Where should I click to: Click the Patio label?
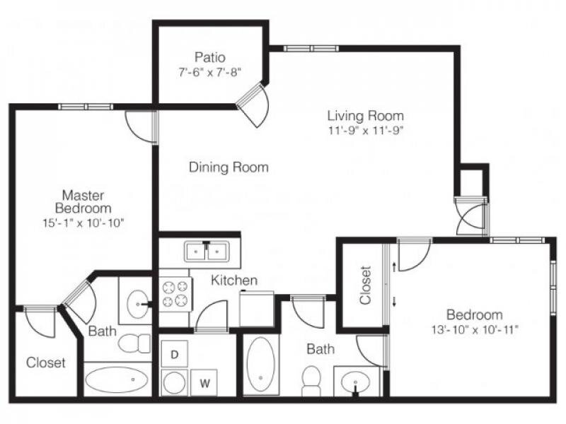(209, 57)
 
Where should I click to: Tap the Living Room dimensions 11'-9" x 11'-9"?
(365, 130)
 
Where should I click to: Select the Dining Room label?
(229, 167)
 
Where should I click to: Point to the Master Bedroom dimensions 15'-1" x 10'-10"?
(83, 223)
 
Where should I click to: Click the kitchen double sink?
(207, 251)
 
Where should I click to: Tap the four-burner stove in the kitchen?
(175, 294)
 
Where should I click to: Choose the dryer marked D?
(174, 355)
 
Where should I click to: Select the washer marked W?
(204, 382)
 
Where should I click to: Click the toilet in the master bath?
(134, 343)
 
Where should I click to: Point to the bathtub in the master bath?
(117, 379)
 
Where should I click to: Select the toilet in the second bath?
(311, 381)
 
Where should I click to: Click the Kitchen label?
(234, 280)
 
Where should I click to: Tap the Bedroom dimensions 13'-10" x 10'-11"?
(475, 329)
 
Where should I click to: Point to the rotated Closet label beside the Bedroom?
(365, 285)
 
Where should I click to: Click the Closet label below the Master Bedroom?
(46, 363)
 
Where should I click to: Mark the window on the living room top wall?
(311, 48)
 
